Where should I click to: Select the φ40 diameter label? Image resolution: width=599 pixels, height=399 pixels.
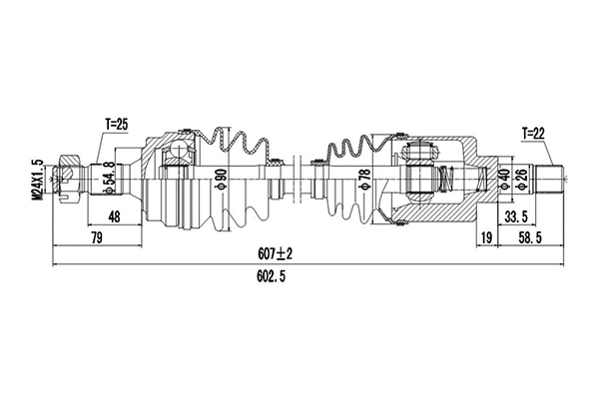click(x=503, y=180)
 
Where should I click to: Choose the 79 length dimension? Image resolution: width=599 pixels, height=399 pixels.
click(x=97, y=237)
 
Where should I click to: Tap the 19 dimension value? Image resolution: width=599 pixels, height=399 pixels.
click(x=485, y=237)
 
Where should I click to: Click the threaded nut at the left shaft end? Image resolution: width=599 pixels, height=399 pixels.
click(x=69, y=181)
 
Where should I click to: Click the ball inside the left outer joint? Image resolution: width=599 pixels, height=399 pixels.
click(x=177, y=152)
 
